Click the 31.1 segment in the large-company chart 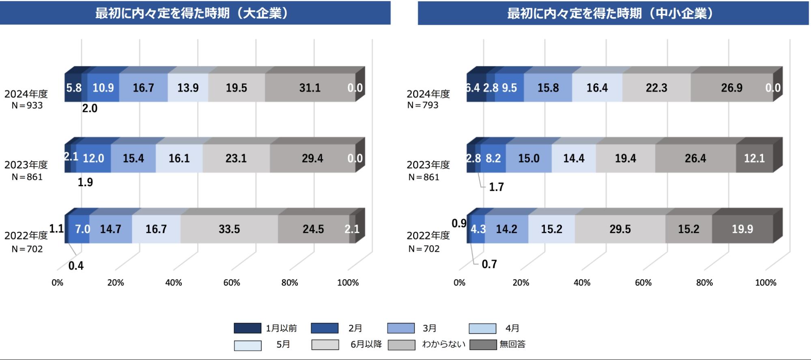pyautogui.click(x=310, y=88)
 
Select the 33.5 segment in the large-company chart pyautogui.click(x=229, y=229)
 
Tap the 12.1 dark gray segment pyautogui.click(x=754, y=158)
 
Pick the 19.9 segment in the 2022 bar pyautogui.click(x=742, y=229)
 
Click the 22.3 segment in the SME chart pyautogui.click(x=656, y=88)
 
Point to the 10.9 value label pyautogui.click(x=103, y=88)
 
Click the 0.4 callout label pyautogui.click(x=76, y=266)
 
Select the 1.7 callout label pyautogui.click(x=496, y=187)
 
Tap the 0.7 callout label pyautogui.click(x=489, y=264)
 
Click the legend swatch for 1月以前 pyautogui.click(x=247, y=328)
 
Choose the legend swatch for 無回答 pyautogui.click(x=483, y=345)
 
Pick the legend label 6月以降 pyautogui.click(x=366, y=345)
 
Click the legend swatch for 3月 pyautogui.click(x=401, y=328)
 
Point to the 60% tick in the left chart pyautogui.click(x=232, y=282)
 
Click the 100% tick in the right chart pyautogui.click(x=765, y=282)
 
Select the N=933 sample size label pyautogui.click(x=27, y=106)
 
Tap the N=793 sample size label pyautogui.click(x=423, y=105)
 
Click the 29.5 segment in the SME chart pyautogui.click(x=620, y=229)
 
